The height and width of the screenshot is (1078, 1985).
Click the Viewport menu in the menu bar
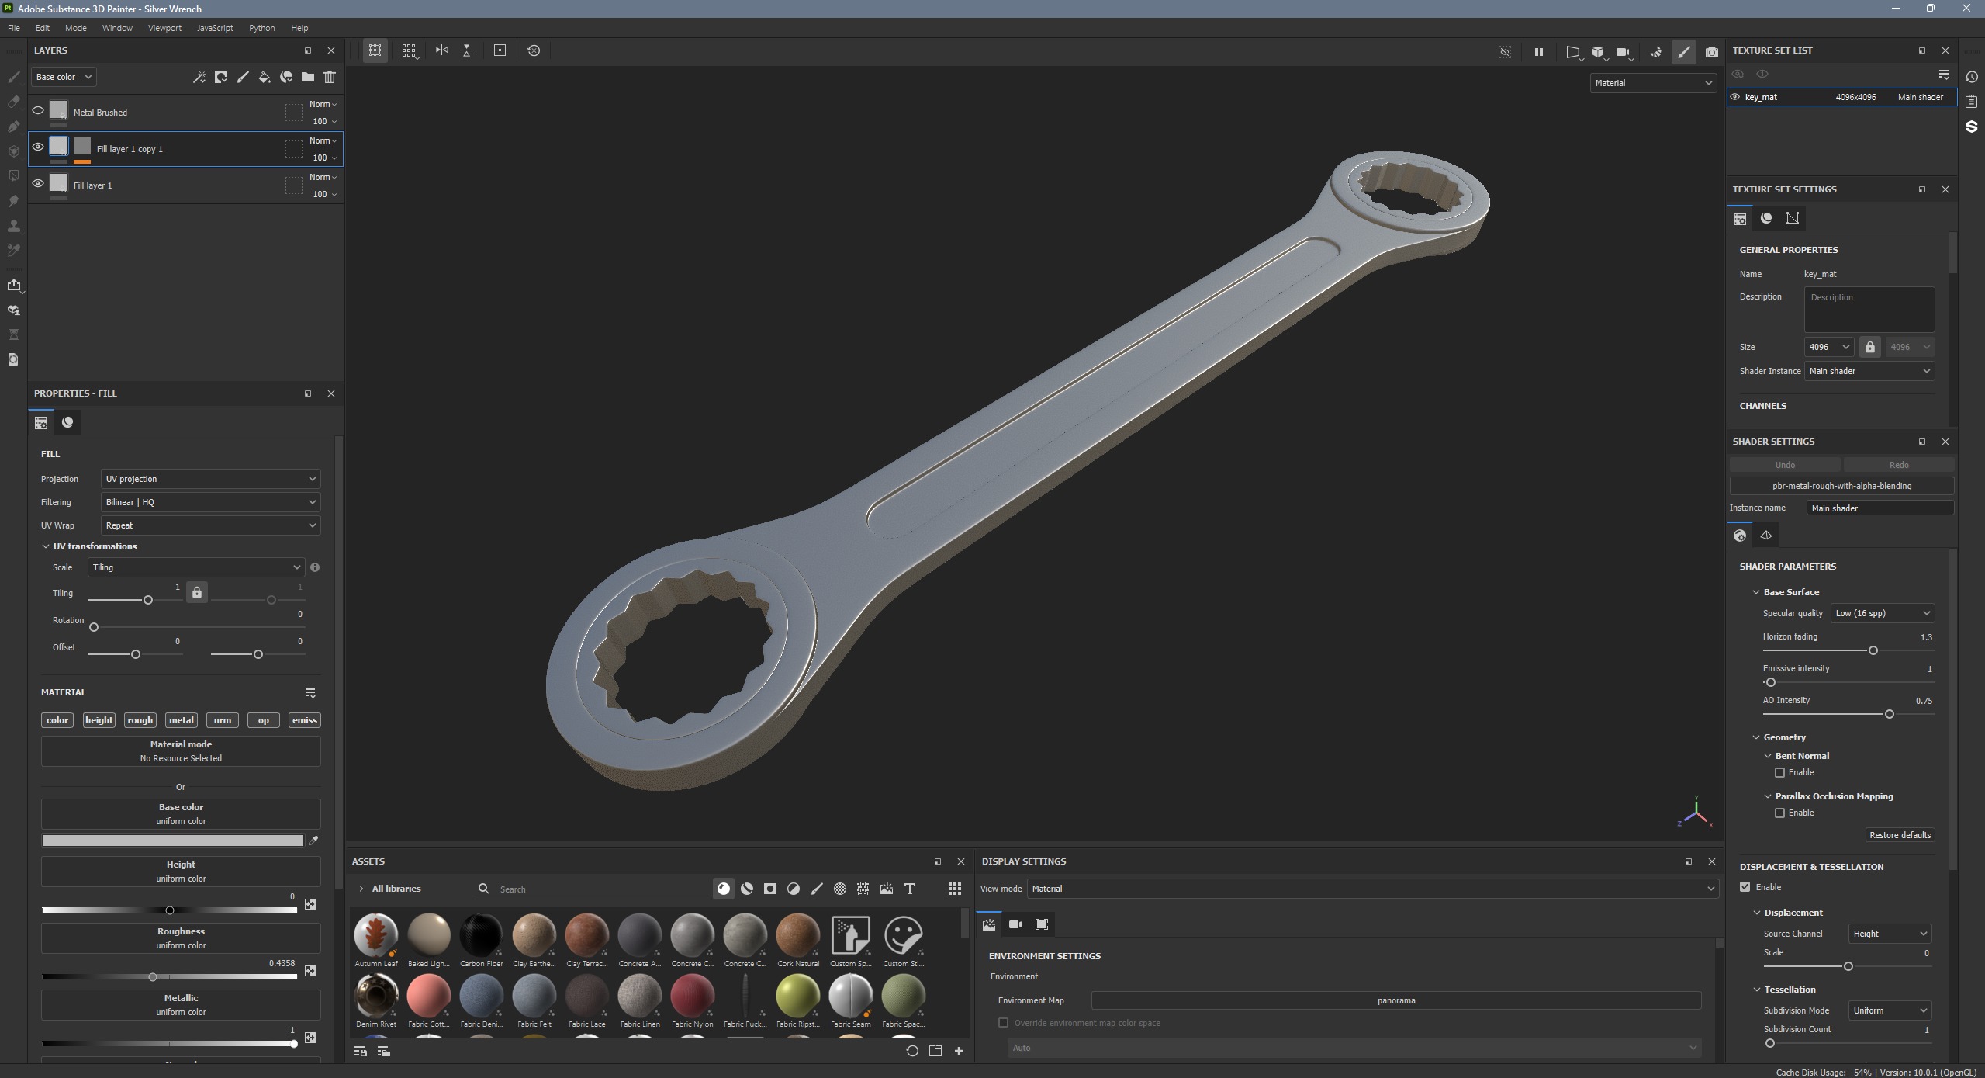164,28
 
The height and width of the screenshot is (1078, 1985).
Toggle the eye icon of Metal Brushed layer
38,111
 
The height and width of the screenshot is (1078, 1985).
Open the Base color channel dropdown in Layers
64,77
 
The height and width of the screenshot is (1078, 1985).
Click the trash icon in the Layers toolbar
330,77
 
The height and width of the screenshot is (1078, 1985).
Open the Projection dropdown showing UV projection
210,479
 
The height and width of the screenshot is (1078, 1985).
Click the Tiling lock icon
197,593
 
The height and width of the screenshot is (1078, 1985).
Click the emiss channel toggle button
304,720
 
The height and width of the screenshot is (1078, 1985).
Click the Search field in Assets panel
597,889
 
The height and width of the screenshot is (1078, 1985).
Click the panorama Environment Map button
1395,1000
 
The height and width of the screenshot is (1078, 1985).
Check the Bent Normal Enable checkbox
1779,772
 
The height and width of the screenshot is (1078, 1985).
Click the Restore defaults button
1899,835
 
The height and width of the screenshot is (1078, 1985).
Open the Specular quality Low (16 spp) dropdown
1881,613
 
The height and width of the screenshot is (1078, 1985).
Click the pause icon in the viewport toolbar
1538,52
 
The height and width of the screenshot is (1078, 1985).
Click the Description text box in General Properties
1868,309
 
